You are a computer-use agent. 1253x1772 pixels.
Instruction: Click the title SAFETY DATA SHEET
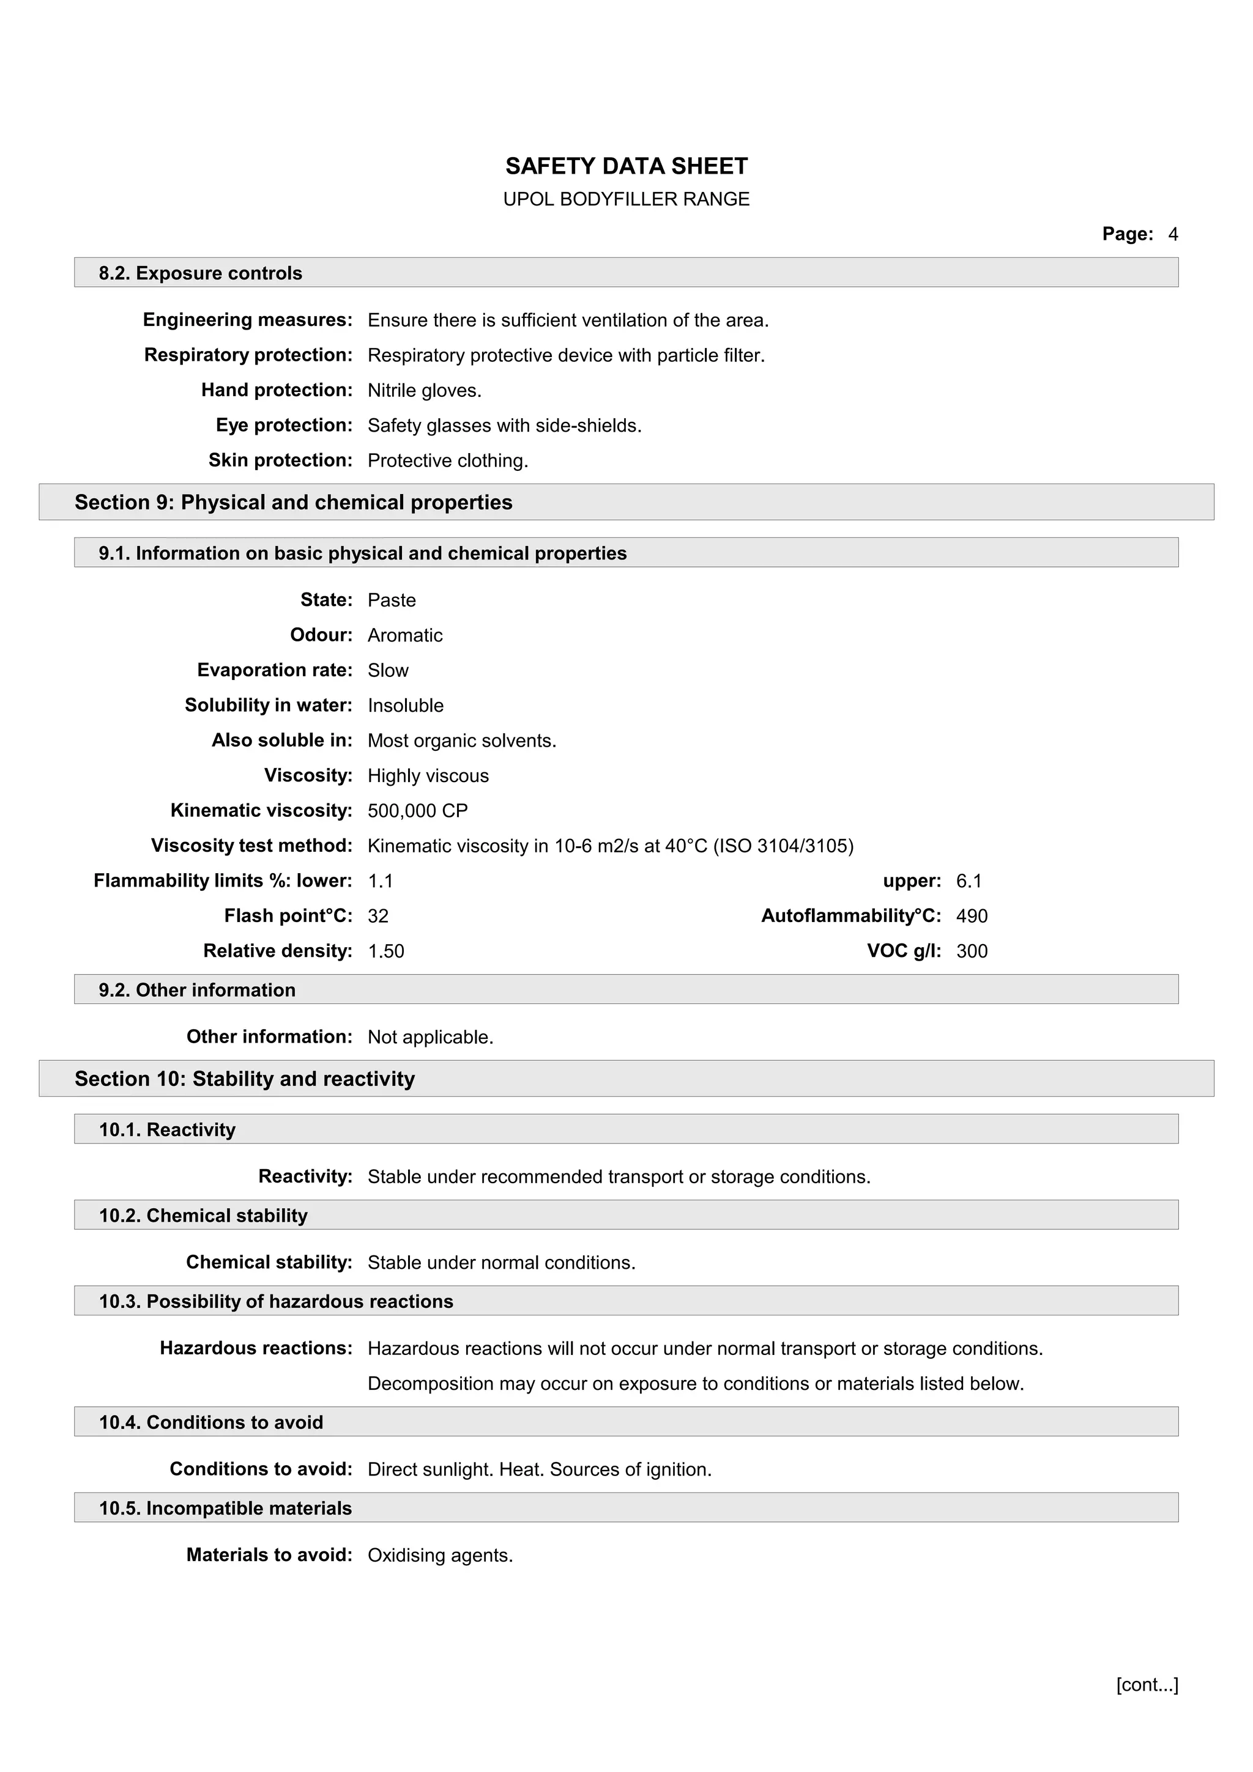(x=626, y=166)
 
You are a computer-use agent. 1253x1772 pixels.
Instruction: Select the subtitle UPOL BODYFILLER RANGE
(x=626, y=199)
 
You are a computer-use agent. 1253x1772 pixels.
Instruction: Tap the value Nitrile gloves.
(x=424, y=391)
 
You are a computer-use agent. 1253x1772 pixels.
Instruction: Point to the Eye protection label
(x=283, y=425)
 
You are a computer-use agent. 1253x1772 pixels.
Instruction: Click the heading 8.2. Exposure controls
(x=200, y=273)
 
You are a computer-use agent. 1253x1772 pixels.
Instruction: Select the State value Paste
(x=392, y=600)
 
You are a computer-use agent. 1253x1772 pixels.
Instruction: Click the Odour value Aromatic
(x=404, y=635)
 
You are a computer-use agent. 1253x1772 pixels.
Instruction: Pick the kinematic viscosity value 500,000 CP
(x=418, y=810)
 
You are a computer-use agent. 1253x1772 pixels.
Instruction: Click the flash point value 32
(x=377, y=916)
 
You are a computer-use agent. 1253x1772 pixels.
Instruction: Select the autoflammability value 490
(x=971, y=916)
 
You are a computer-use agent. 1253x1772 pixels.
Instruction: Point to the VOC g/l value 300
(x=971, y=951)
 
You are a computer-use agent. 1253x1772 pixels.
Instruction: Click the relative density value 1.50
(x=385, y=951)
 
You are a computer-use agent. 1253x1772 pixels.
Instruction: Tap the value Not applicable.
(x=430, y=1037)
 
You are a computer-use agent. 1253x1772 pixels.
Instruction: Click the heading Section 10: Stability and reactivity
(x=245, y=1079)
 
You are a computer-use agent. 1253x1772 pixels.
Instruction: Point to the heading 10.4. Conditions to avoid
(x=210, y=1422)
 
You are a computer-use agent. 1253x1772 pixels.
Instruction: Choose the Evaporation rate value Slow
(x=387, y=671)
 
